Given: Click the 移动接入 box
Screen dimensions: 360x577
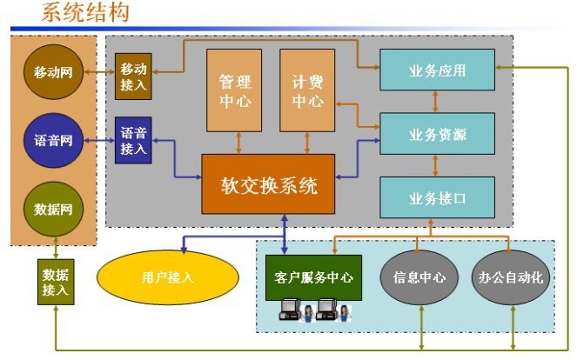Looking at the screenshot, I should [133, 76].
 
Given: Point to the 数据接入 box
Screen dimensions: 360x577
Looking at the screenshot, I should [55, 281].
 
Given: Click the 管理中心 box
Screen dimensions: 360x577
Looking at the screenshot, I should [234, 90].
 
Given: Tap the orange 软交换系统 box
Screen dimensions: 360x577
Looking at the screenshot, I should [268, 184].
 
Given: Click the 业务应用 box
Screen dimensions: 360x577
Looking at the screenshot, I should [437, 70].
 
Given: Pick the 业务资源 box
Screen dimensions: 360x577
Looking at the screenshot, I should [437, 134].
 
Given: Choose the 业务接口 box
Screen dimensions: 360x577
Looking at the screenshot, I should [437, 197].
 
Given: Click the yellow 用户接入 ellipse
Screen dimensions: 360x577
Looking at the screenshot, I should [167, 277].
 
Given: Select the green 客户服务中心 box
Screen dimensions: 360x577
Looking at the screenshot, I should [313, 277].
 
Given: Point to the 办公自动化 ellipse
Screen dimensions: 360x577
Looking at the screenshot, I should [511, 277].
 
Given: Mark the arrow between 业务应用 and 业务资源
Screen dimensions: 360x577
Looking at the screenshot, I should [437, 102].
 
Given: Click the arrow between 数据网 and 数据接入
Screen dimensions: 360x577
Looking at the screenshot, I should [55, 249].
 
